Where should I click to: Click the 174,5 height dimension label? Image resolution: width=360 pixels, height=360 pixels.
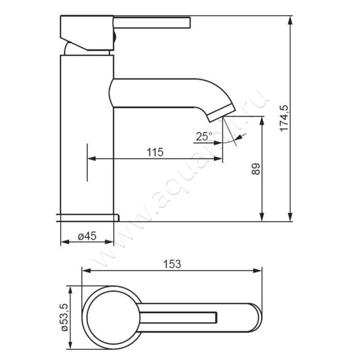point(284,118)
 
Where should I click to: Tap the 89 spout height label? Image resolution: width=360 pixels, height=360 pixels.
point(256,169)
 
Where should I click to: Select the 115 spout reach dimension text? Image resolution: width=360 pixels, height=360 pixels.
point(155,152)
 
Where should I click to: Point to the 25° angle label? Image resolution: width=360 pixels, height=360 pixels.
point(204,137)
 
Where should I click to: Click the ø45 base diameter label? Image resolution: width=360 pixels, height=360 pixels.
point(87,236)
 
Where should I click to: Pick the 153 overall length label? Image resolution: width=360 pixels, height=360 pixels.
point(172,264)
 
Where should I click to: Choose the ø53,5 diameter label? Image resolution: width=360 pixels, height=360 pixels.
point(64,317)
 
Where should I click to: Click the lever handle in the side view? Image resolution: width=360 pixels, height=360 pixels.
point(152,22)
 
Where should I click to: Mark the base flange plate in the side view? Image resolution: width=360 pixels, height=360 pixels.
point(87,218)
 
